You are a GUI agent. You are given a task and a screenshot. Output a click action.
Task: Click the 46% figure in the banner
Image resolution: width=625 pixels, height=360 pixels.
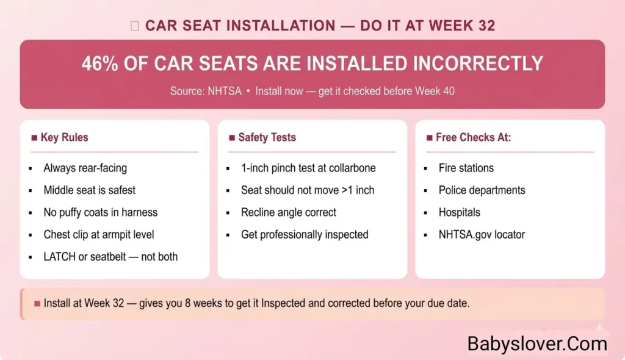pyautogui.click(x=101, y=64)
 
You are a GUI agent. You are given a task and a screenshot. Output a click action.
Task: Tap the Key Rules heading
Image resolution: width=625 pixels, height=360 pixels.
pyautogui.click(x=64, y=137)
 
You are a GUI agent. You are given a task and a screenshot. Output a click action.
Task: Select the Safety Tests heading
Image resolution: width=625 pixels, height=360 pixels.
pyautogui.click(x=267, y=137)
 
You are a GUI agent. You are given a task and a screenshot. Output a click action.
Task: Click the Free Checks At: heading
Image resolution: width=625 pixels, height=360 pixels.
pyautogui.click(x=473, y=137)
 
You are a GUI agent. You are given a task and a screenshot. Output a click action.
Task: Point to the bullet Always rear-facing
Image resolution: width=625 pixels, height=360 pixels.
pyautogui.click(x=85, y=168)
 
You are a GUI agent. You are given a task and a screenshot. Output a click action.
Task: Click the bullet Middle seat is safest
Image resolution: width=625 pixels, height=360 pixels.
pyautogui.click(x=89, y=190)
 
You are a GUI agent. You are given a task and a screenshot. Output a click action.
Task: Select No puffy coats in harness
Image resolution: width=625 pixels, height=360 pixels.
pyautogui.click(x=100, y=212)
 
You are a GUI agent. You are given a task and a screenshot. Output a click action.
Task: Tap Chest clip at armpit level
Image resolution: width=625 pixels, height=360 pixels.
pyautogui.click(x=98, y=234)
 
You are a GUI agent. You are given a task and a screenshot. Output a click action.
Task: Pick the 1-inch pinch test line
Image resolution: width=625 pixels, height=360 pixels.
pyautogui.click(x=308, y=168)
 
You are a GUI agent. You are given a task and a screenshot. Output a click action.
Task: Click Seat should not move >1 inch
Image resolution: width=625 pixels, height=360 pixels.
pyautogui.click(x=308, y=190)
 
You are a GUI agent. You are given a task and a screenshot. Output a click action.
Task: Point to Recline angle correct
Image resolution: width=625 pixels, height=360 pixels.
pyautogui.click(x=289, y=212)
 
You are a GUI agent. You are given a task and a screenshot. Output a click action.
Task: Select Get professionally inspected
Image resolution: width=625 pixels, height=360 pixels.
pyautogui.click(x=305, y=234)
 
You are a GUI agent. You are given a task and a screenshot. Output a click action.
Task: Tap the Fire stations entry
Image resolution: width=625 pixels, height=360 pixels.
pyautogui.click(x=466, y=168)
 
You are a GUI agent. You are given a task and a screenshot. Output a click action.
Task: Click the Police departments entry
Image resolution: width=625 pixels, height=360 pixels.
pyautogui.click(x=482, y=190)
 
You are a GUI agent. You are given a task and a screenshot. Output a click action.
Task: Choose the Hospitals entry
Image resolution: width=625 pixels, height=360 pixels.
pyautogui.click(x=459, y=212)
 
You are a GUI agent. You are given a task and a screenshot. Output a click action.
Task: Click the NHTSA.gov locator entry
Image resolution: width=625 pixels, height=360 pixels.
pyautogui.click(x=482, y=234)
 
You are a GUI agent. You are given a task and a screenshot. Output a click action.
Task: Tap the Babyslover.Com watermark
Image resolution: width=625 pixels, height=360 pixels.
pyautogui.click(x=537, y=344)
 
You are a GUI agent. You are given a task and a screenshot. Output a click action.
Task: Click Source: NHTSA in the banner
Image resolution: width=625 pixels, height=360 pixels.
pyautogui.click(x=206, y=92)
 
